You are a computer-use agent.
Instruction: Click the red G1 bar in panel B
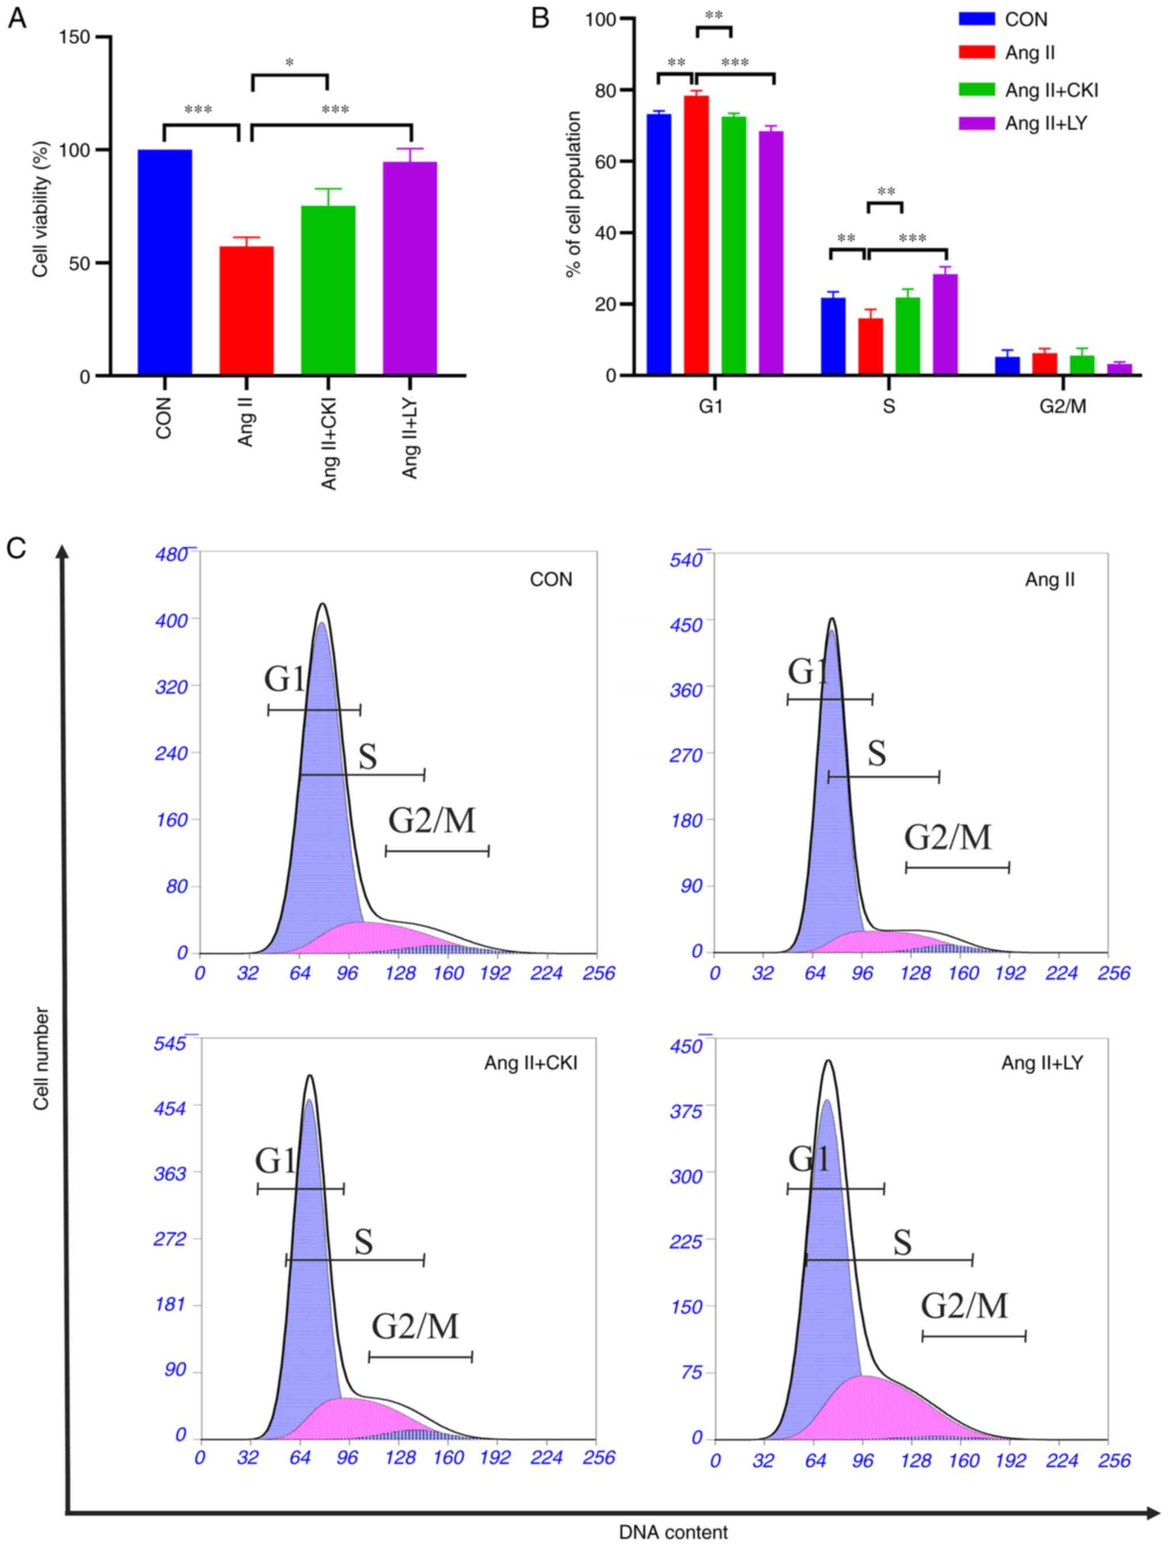point(696,235)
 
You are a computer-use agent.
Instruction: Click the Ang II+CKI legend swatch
point(976,89)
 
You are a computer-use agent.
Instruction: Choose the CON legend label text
point(1026,20)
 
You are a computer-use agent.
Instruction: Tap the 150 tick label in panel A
point(75,37)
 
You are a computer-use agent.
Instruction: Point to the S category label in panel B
point(888,406)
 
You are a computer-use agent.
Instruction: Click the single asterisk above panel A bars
point(289,63)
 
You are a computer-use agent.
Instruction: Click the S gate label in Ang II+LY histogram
point(902,1242)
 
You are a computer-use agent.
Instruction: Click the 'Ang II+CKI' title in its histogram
point(531,1063)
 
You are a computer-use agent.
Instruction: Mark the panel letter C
point(16,548)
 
